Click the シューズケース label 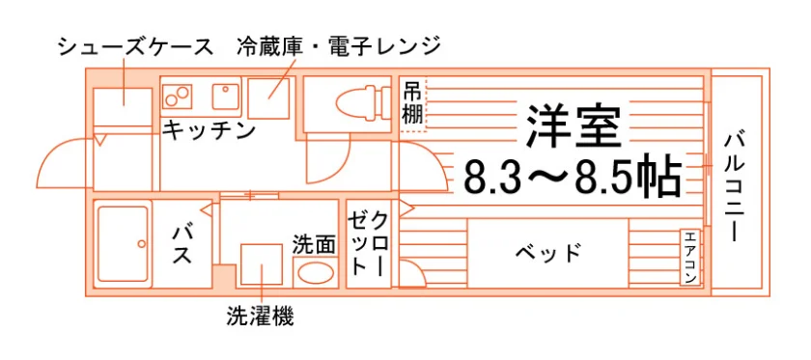[x=135, y=47]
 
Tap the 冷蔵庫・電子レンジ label [x=339, y=47]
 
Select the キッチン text [x=210, y=130]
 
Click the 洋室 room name [x=573, y=126]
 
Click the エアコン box [x=690, y=258]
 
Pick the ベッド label [x=548, y=254]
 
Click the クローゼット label [x=367, y=242]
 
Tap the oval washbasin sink [x=316, y=272]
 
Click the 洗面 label [x=314, y=244]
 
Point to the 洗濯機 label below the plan [x=260, y=316]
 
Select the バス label [x=182, y=244]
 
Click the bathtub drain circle [x=140, y=243]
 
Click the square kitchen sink [x=226, y=97]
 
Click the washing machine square [x=262, y=263]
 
